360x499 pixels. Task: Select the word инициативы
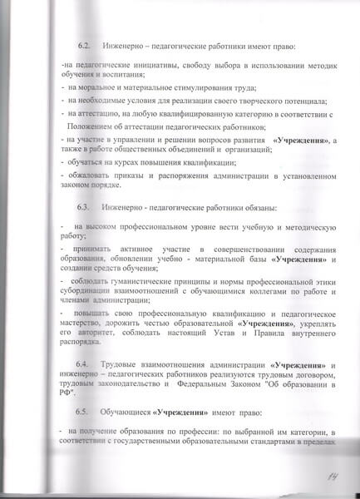click(135, 65)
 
